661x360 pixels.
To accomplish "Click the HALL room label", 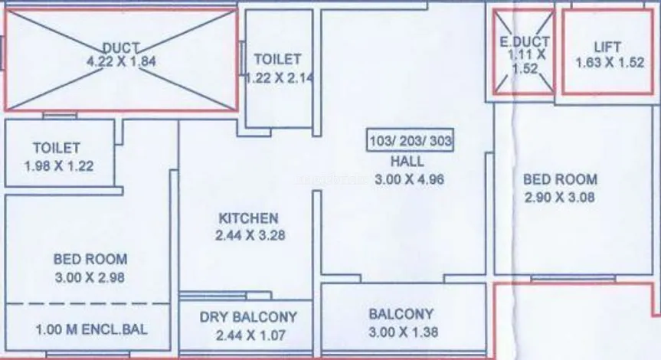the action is click(407, 162).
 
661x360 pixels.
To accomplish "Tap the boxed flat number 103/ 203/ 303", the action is click(411, 140).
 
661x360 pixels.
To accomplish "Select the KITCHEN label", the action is click(249, 218).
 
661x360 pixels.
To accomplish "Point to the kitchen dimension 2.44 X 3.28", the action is click(250, 235).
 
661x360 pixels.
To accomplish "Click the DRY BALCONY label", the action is click(248, 317).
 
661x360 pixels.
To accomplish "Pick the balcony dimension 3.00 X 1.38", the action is click(404, 332).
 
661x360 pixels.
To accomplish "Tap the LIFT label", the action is click(607, 47).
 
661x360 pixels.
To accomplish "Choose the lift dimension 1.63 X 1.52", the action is click(610, 63).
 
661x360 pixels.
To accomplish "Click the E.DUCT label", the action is click(525, 41).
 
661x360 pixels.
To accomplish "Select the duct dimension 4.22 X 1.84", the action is click(122, 61).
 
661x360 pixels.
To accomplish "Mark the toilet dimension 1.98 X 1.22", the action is click(59, 166).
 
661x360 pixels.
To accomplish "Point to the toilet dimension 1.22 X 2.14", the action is click(280, 78).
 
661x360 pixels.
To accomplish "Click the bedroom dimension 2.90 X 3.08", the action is click(559, 198).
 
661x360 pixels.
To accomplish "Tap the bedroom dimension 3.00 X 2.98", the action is click(90, 277).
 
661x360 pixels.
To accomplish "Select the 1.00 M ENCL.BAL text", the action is click(91, 329).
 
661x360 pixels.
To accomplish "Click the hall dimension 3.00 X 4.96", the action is click(409, 179).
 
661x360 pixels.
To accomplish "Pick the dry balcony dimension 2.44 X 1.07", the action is click(250, 335).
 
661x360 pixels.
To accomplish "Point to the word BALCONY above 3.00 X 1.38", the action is click(401, 314).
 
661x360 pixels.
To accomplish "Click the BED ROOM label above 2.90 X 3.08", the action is click(560, 179).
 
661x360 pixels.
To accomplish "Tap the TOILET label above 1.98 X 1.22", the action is click(57, 148).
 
